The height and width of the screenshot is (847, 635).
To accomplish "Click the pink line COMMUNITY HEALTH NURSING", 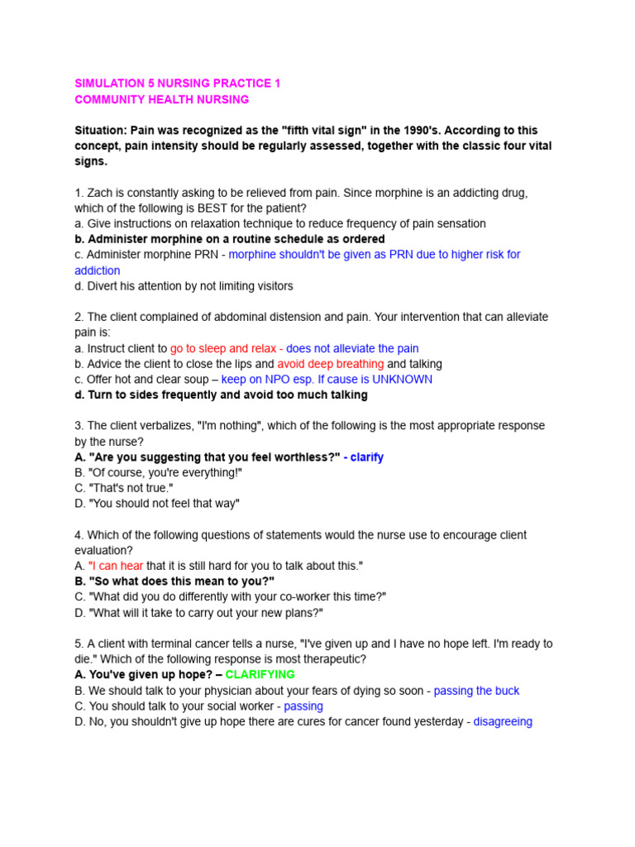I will (x=161, y=99).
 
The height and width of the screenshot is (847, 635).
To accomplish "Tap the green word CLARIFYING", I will (x=260, y=674).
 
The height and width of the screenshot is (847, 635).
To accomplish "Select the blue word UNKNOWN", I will (x=402, y=379).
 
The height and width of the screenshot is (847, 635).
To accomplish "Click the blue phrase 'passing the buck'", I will (x=476, y=690).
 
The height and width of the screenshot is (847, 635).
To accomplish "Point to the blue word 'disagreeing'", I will (x=503, y=721).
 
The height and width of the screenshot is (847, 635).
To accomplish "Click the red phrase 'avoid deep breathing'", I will (x=330, y=363).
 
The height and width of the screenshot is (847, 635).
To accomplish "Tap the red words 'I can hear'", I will (x=116, y=565).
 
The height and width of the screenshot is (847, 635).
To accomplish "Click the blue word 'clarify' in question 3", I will (x=366, y=457).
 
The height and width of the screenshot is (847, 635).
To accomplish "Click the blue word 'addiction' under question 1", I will (x=97, y=270).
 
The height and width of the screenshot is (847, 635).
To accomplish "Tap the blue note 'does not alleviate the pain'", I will (x=352, y=348).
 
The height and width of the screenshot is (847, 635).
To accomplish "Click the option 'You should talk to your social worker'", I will (x=174, y=706).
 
